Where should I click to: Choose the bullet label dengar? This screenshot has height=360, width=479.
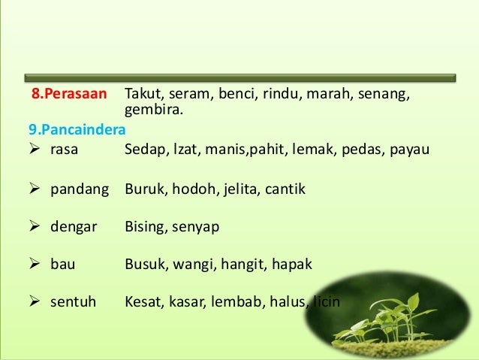pyautogui.click(x=73, y=226)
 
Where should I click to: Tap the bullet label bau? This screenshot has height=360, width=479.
pyautogui.click(x=62, y=265)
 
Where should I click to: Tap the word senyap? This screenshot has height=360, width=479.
pyautogui.click(x=197, y=226)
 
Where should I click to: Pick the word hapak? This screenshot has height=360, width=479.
pyautogui.click(x=294, y=265)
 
